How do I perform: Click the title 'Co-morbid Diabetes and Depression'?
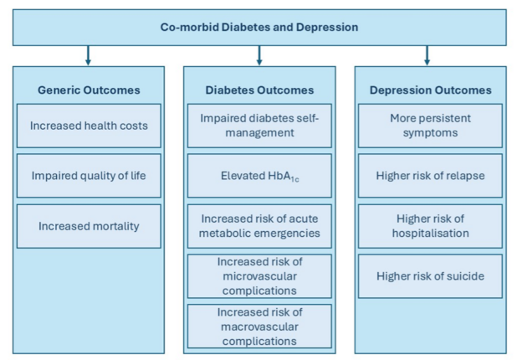259,27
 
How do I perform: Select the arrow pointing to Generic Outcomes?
88,55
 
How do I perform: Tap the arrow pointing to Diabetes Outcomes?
259,55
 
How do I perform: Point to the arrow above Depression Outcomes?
427,55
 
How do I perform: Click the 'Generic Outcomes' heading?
89,90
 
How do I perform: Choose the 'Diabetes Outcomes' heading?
259,90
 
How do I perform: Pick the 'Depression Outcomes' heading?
431,90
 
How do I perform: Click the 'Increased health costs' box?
89,126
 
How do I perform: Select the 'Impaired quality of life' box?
89,176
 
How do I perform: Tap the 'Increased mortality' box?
89,226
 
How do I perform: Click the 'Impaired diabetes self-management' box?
259,126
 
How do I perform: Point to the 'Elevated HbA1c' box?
259,176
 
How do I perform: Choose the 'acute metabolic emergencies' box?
259,226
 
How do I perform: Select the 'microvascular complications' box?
259,276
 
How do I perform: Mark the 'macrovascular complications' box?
259,327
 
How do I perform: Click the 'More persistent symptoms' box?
431,126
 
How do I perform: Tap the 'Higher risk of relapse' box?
431,176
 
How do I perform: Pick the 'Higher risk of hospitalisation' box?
431,226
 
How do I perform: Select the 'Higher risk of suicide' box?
431,276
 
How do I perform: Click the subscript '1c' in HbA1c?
295,180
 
